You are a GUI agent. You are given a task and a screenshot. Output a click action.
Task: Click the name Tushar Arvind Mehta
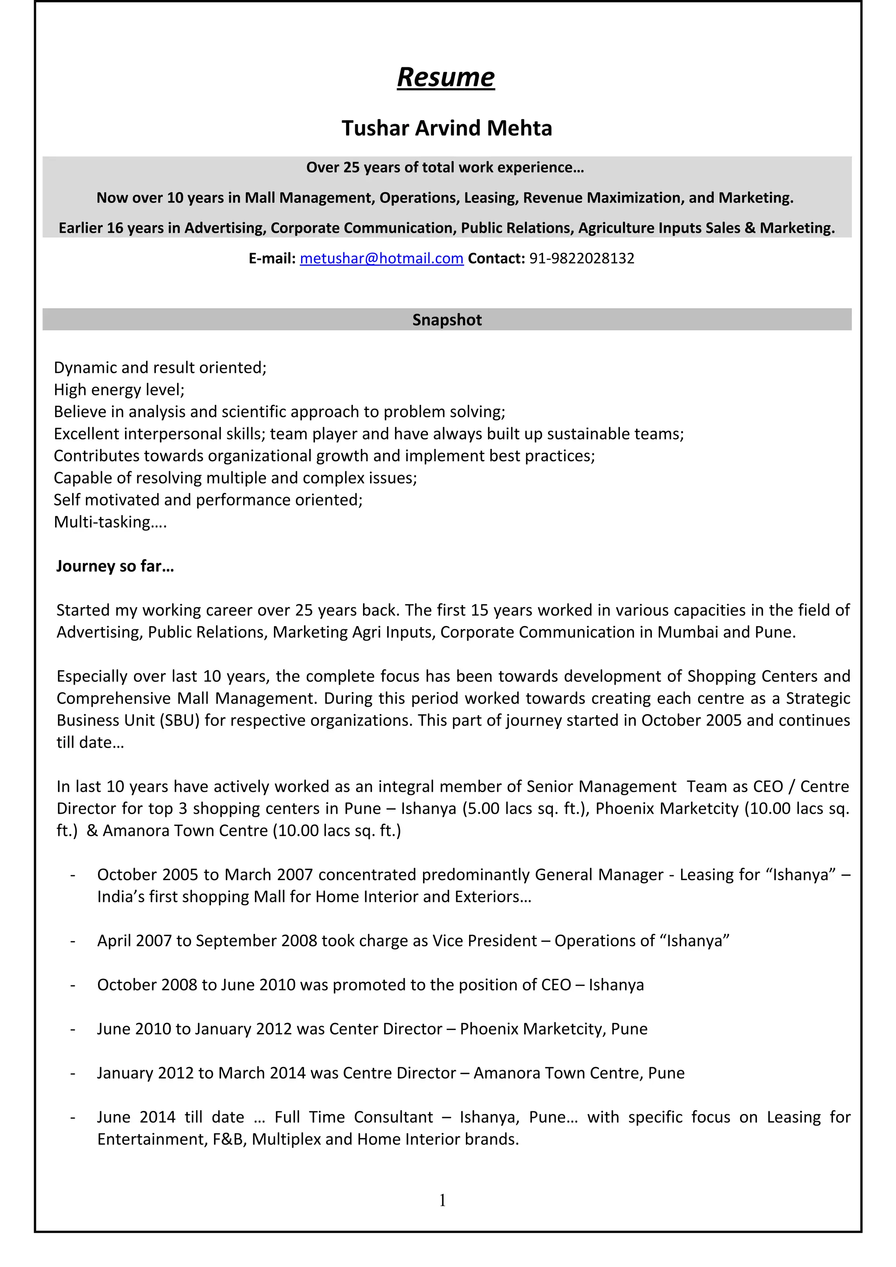pos(447,128)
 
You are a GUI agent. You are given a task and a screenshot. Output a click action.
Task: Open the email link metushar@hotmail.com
pos(381,258)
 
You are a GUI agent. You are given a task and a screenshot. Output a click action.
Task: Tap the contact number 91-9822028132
pos(582,258)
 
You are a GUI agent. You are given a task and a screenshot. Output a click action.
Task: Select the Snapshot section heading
pos(447,320)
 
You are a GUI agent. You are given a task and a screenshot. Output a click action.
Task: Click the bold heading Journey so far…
pos(115,566)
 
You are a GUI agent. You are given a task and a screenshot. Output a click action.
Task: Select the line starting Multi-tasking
pos(110,522)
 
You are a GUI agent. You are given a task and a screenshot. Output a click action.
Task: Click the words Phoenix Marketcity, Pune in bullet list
pos(553,1029)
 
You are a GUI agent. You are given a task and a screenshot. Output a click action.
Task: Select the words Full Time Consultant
pos(353,1117)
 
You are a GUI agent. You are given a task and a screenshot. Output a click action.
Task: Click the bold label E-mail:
pos(272,258)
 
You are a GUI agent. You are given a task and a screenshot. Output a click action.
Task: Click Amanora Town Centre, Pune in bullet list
pos(578,1073)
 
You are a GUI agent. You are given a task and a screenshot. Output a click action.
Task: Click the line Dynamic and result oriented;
pos(160,368)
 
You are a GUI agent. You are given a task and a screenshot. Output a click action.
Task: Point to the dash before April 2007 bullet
pos(72,941)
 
